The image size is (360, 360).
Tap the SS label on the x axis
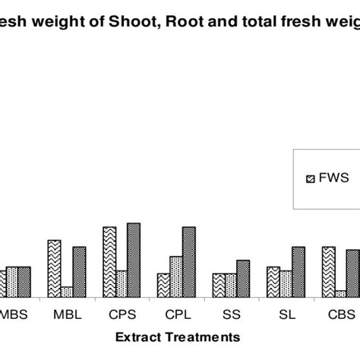click(230, 312)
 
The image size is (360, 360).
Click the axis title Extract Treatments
click(178, 336)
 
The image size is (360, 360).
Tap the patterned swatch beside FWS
click(309, 179)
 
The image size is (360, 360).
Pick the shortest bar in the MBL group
click(66, 292)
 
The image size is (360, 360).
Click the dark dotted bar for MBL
click(79, 271)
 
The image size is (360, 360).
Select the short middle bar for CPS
click(122, 283)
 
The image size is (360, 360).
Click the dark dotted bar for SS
click(243, 278)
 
